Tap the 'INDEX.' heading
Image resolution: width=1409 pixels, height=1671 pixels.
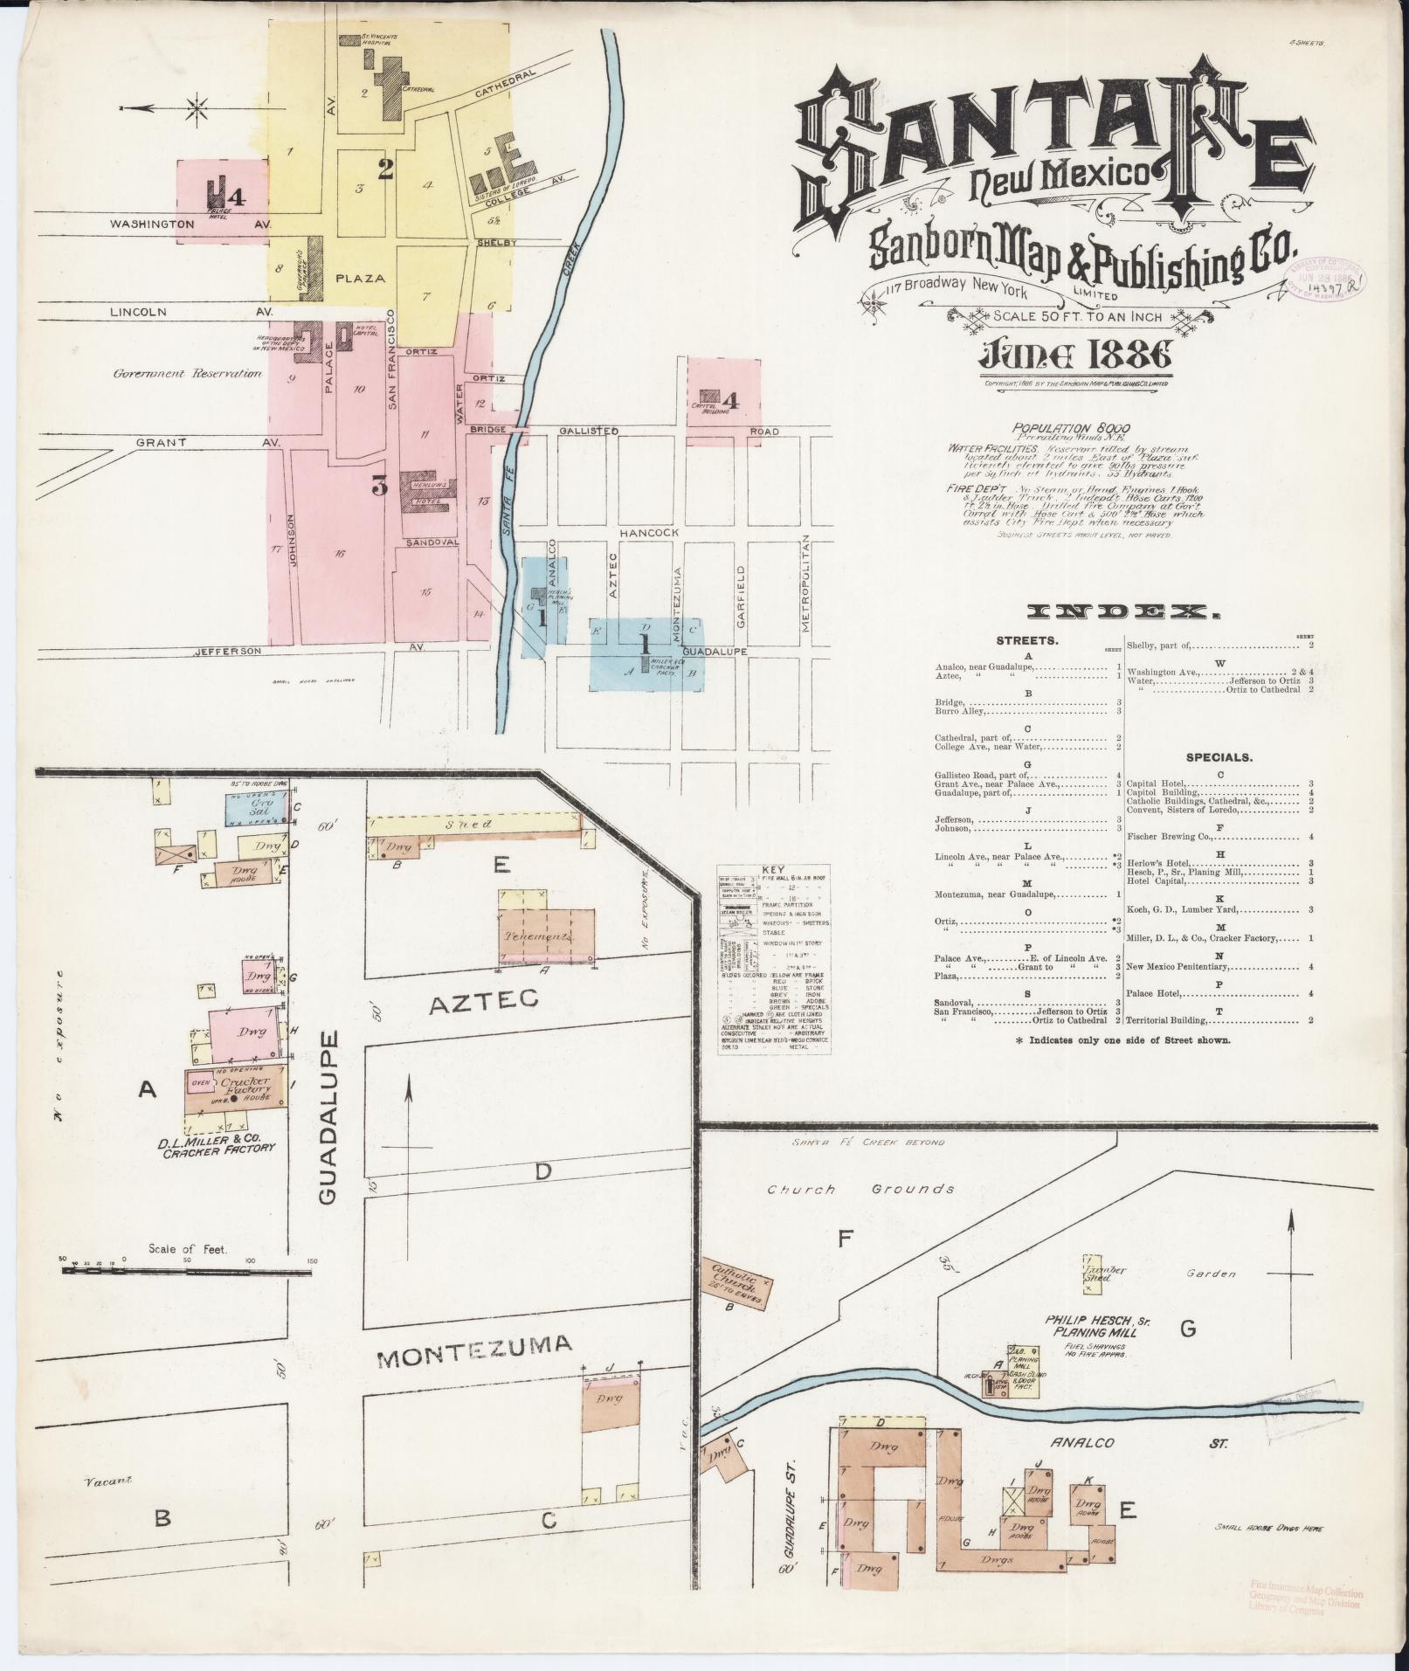pos(1123,613)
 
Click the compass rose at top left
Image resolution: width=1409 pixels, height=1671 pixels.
pos(197,108)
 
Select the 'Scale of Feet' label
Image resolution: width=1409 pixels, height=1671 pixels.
pos(187,1249)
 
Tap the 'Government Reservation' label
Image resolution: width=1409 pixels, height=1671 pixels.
pos(187,373)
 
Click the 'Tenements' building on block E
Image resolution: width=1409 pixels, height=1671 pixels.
pos(547,936)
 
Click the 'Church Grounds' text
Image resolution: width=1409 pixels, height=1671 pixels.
pos(860,1189)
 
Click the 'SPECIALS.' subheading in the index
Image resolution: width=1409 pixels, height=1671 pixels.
pos(1219,757)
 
